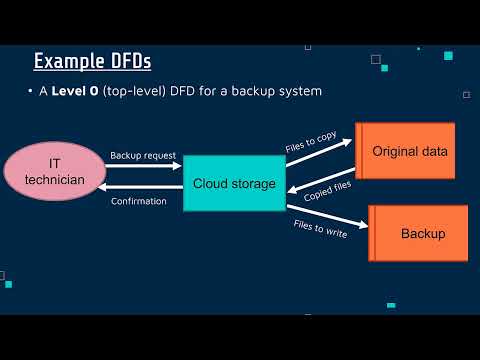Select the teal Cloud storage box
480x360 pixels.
[x=235, y=183]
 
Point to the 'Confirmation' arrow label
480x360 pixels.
[x=139, y=201]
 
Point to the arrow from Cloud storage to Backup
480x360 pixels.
[x=325, y=236]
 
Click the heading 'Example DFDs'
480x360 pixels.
[x=92, y=62]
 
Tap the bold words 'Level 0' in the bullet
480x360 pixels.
[x=74, y=92]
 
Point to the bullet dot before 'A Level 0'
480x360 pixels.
[x=30, y=92]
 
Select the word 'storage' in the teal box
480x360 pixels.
[x=254, y=183]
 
